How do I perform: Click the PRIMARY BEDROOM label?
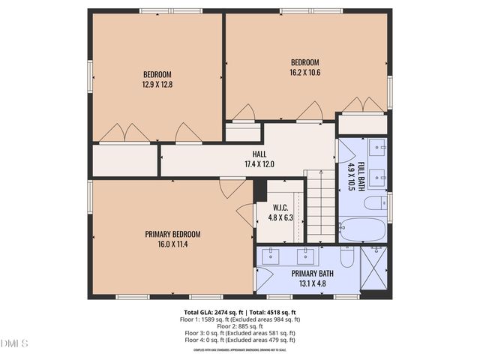(172, 234)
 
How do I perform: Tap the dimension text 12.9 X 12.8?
(157, 85)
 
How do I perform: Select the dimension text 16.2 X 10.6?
(305, 73)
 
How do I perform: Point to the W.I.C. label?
(280, 208)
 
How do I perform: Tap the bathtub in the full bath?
(362, 228)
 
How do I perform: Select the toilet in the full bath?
(374, 202)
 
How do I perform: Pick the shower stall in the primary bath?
(375, 268)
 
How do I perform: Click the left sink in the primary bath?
(271, 254)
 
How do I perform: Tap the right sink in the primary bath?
(306, 254)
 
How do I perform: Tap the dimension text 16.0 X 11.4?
(172, 244)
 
